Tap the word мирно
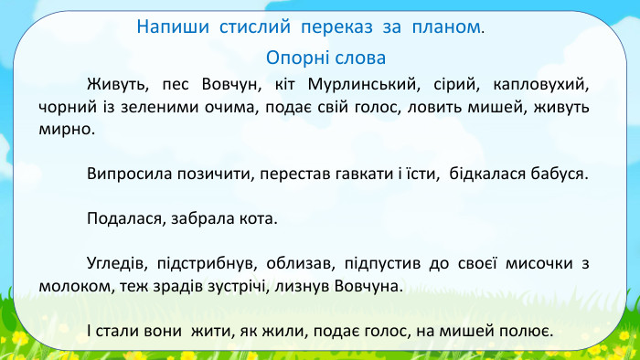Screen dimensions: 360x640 coord(66,129)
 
